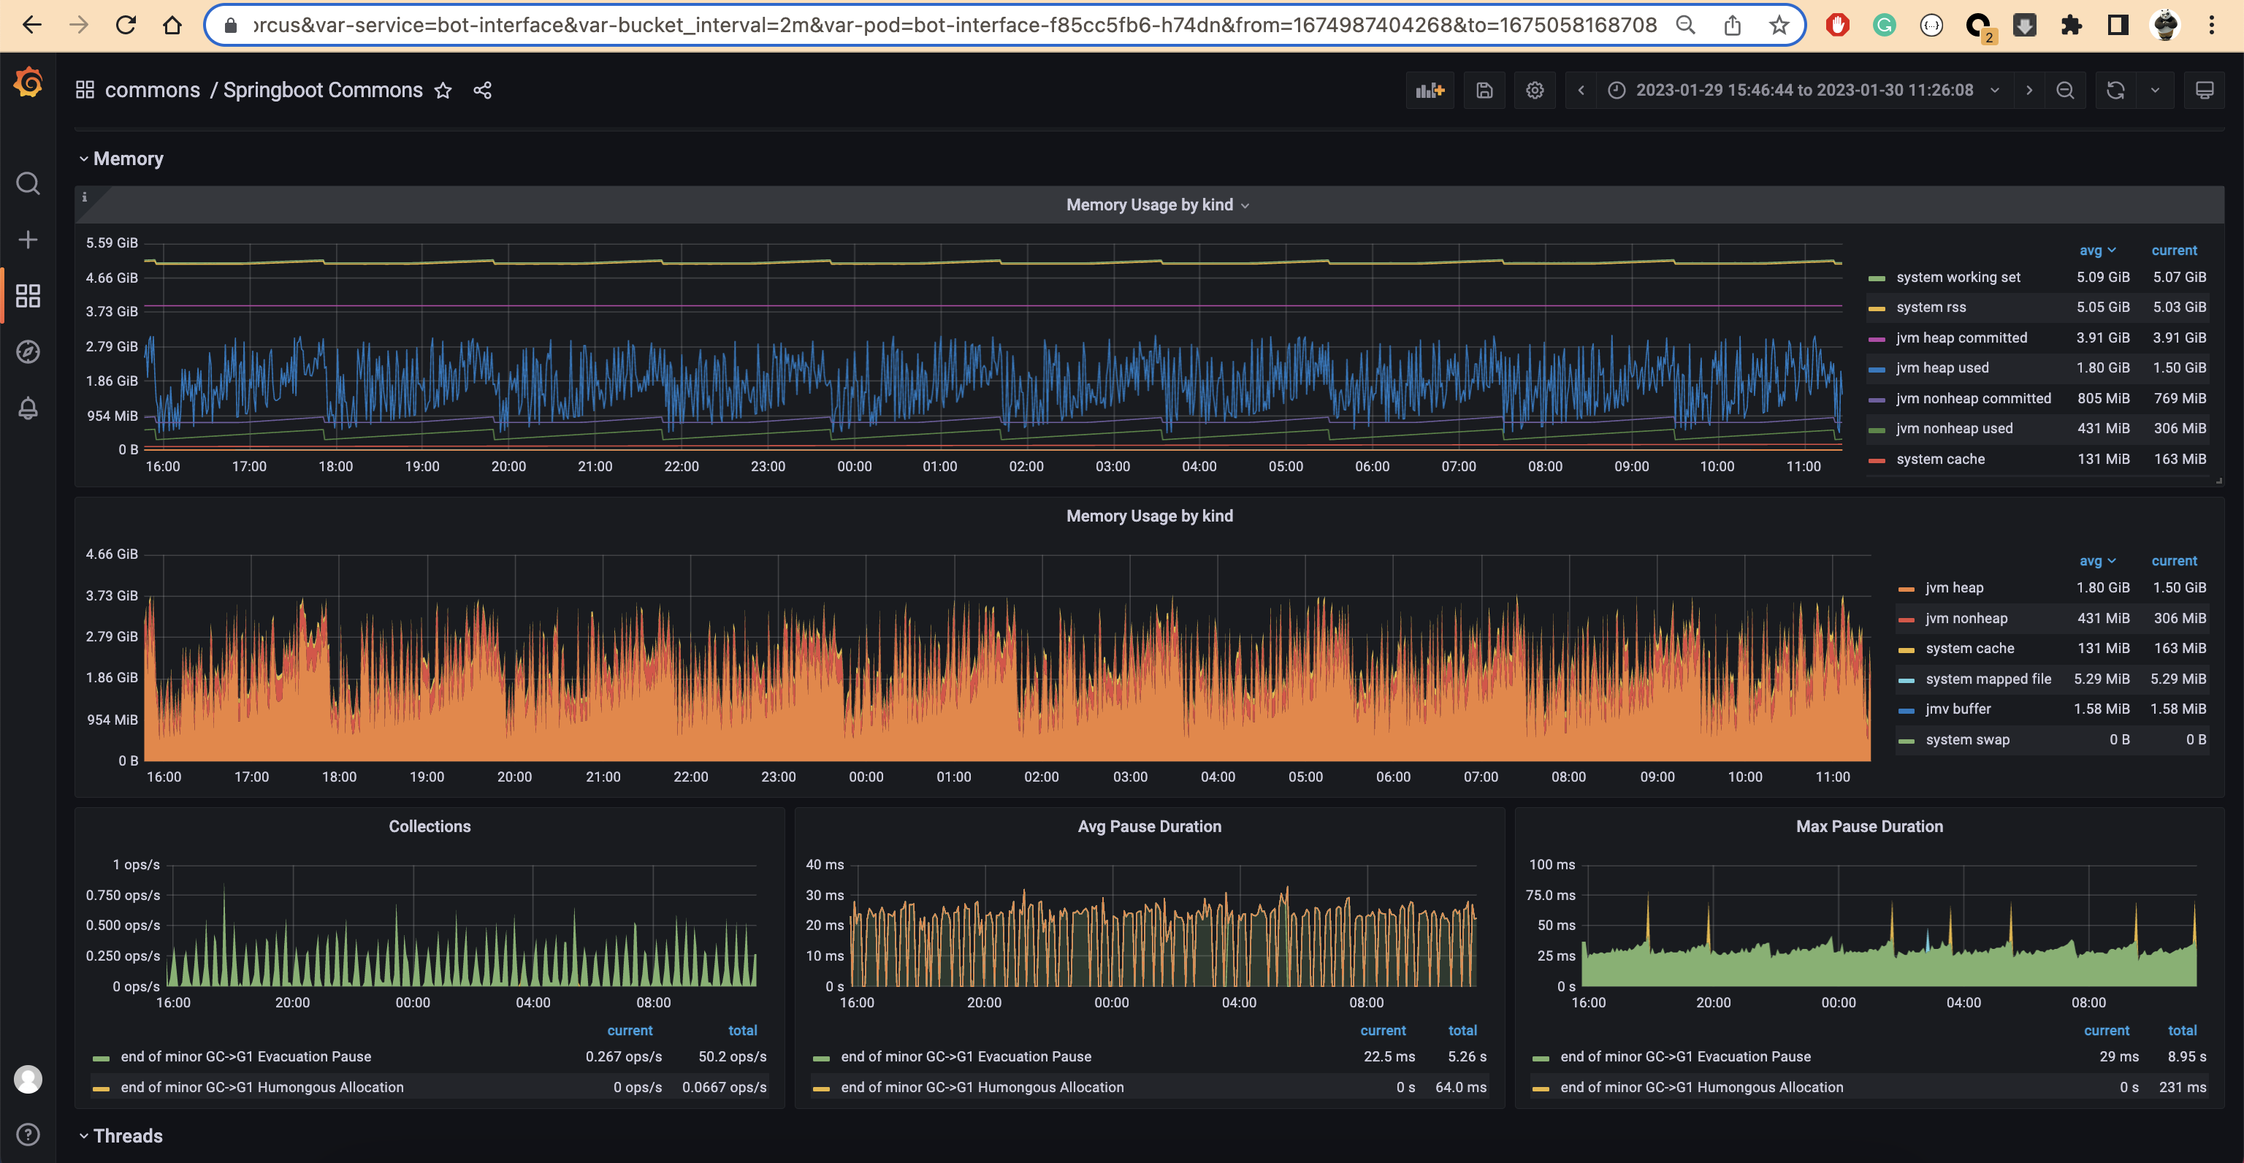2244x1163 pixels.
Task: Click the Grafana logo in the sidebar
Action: [x=28, y=83]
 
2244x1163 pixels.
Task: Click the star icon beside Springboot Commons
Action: [x=443, y=91]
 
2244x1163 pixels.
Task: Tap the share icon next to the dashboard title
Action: [x=483, y=91]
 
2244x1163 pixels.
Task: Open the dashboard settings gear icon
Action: [x=1535, y=91]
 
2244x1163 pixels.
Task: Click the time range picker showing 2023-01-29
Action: [x=1804, y=91]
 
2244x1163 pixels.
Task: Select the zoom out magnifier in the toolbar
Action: [x=2064, y=91]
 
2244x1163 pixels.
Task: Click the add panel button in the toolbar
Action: [x=1430, y=91]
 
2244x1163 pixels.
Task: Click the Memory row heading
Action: [x=128, y=159]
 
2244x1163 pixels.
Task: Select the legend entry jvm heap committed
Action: [x=1961, y=338]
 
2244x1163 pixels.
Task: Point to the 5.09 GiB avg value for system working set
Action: [x=2102, y=277]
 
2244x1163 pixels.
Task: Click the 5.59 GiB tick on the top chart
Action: [x=112, y=243]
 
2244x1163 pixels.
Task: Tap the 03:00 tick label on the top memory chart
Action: [x=1113, y=467]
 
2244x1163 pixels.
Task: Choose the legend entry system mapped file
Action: [x=1988, y=679]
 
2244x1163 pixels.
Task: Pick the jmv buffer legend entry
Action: [x=1958, y=709]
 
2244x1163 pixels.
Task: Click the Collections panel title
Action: [x=430, y=827]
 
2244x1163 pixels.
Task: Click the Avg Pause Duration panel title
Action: [x=1149, y=827]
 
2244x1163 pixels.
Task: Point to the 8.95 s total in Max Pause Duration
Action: [x=2186, y=1057]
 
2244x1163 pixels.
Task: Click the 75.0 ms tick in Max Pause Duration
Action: [x=1551, y=896]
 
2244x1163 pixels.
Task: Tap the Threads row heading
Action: [x=128, y=1136]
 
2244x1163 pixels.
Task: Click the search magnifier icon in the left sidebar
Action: [x=28, y=184]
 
